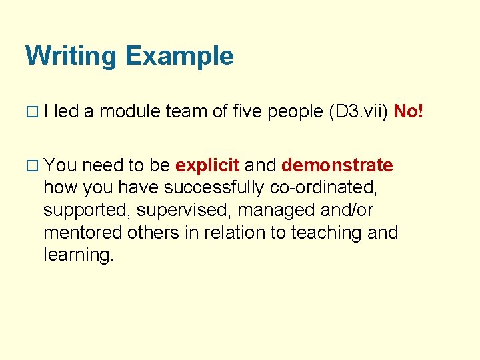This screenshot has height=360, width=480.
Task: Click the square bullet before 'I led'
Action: tap(31, 112)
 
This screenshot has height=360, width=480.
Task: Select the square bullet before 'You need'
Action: tap(31, 165)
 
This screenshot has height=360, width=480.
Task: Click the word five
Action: tap(247, 111)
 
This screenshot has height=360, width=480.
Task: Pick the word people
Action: tap(295, 111)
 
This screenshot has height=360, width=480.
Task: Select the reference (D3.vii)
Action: tap(359, 111)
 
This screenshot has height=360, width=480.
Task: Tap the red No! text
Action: tap(409, 111)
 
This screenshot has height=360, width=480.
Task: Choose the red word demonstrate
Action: tap(337, 165)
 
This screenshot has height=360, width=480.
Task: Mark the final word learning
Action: tap(79, 255)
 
